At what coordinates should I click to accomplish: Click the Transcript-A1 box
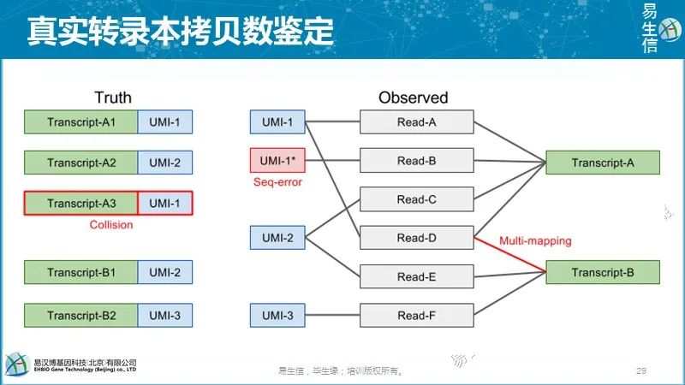(x=81, y=122)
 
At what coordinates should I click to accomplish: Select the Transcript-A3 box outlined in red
(x=81, y=203)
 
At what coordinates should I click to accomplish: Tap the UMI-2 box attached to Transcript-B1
(x=165, y=273)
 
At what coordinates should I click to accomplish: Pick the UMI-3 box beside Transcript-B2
(x=165, y=316)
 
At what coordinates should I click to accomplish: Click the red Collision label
(x=111, y=225)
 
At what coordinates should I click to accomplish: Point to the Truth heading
(x=112, y=98)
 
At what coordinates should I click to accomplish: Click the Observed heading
(x=413, y=98)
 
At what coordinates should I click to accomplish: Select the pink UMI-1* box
(x=277, y=161)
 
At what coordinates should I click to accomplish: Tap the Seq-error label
(x=277, y=182)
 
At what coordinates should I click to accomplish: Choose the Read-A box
(x=417, y=122)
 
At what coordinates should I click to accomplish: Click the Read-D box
(x=417, y=238)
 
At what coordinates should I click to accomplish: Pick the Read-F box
(x=417, y=316)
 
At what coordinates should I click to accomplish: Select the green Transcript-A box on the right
(x=603, y=163)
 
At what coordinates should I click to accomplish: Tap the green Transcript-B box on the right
(x=603, y=273)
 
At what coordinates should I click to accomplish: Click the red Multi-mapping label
(x=537, y=241)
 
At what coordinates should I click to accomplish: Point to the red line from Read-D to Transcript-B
(x=510, y=255)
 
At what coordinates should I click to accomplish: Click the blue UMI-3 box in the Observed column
(x=277, y=316)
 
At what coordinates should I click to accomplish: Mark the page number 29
(x=640, y=370)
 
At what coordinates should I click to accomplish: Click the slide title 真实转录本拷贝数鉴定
(x=180, y=32)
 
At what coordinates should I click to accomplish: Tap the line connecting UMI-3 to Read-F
(x=332, y=316)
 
